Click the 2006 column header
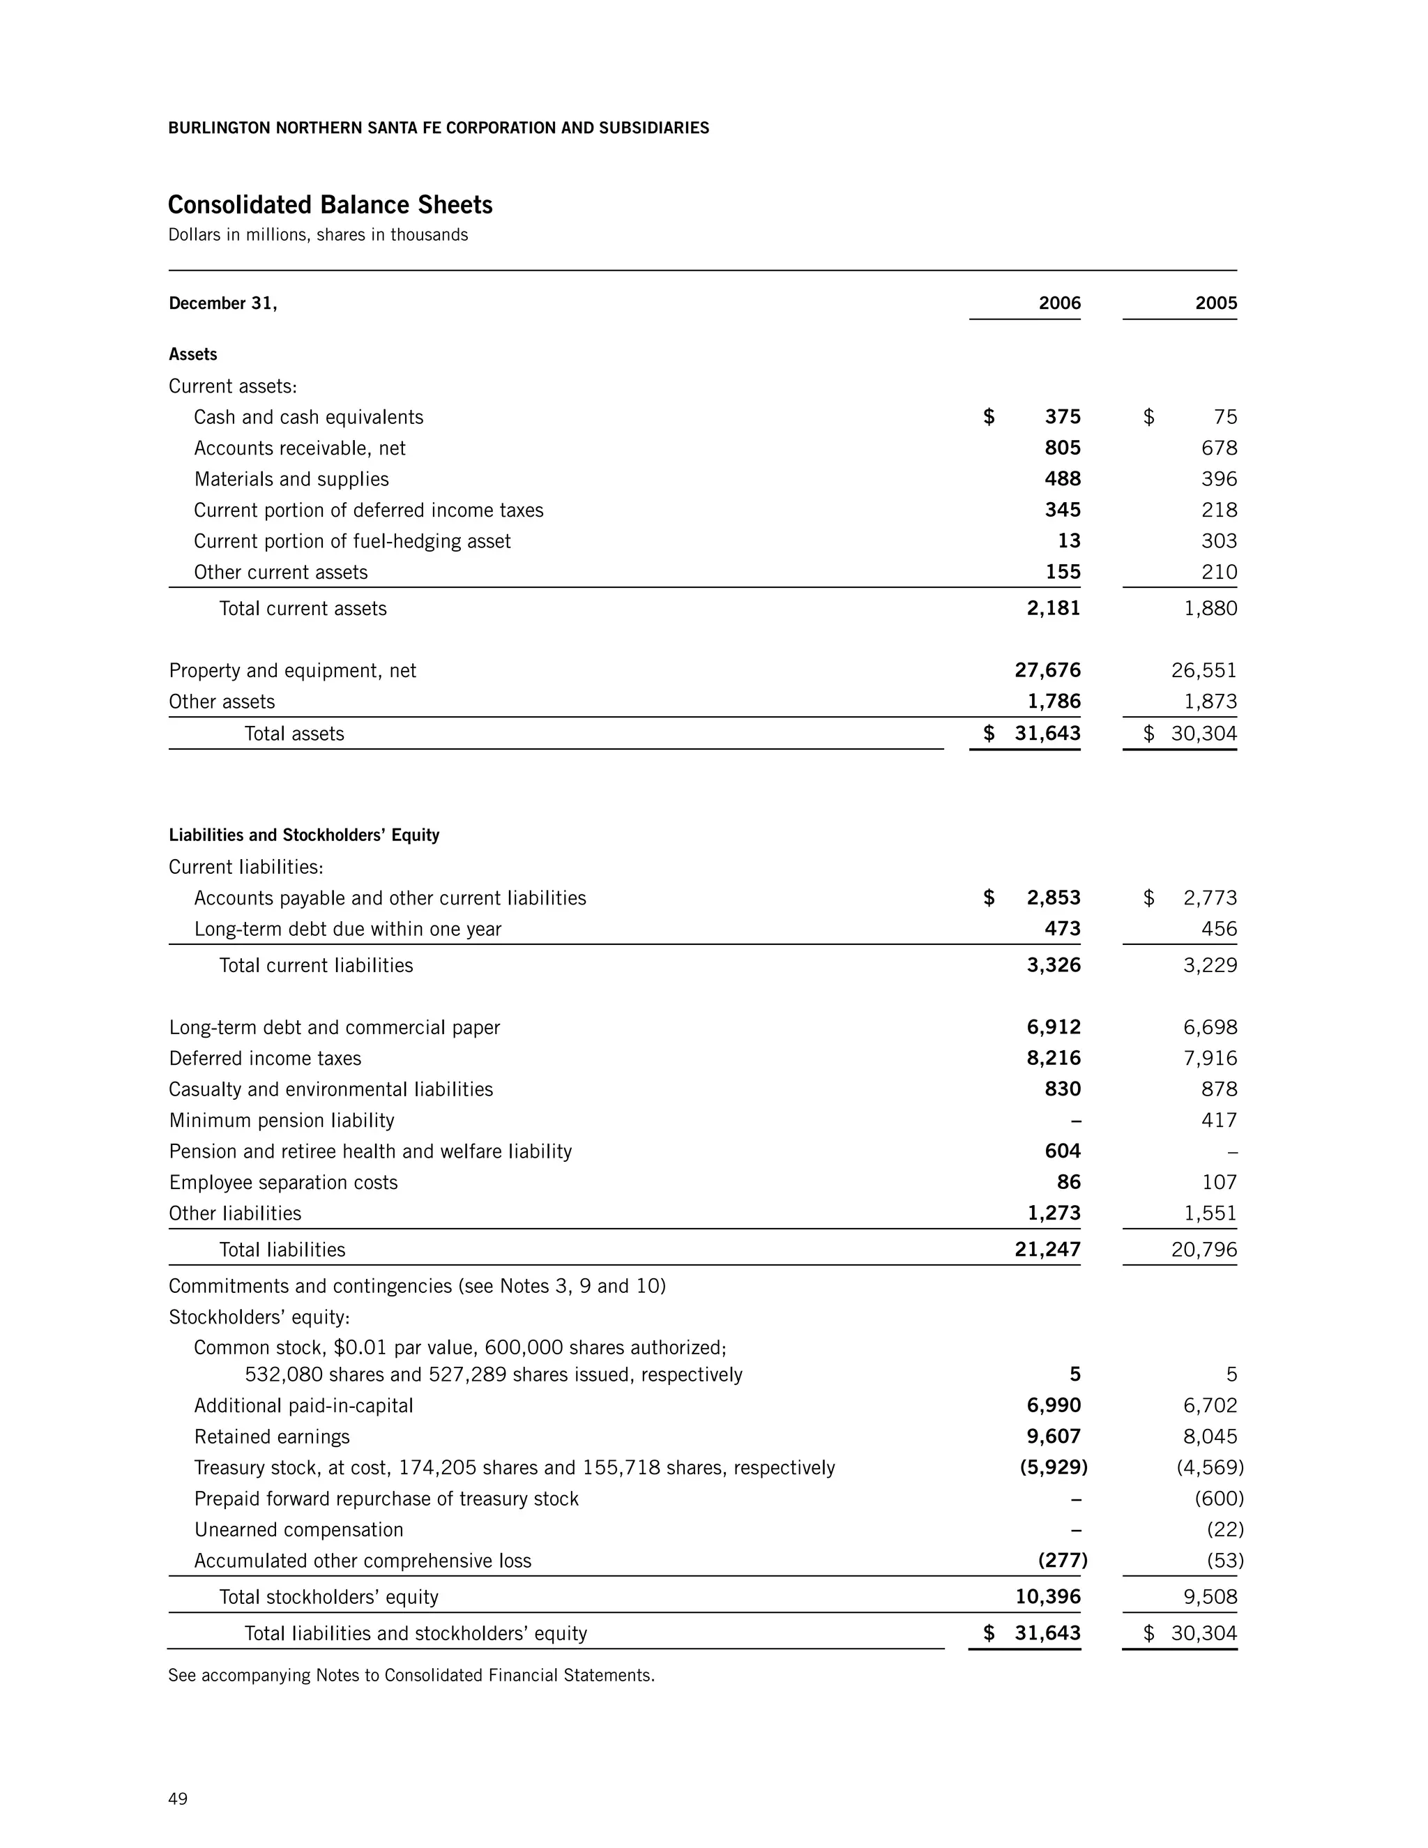coord(1059,303)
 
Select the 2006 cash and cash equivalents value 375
coord(1063,416)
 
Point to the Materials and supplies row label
coord(291,479)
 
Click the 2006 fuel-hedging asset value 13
coord(1070,540)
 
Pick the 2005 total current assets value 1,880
coord(1210,608)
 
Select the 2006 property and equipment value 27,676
coord(1047,670)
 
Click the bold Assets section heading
coord(193,354)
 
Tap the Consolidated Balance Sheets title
coord(330,205)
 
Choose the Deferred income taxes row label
coord(265,1059)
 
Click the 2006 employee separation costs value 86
coord(1070,1182)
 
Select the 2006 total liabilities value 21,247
coord(1047,1250)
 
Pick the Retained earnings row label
coord(271,1437)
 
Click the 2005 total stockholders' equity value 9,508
coord(1210,1597)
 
